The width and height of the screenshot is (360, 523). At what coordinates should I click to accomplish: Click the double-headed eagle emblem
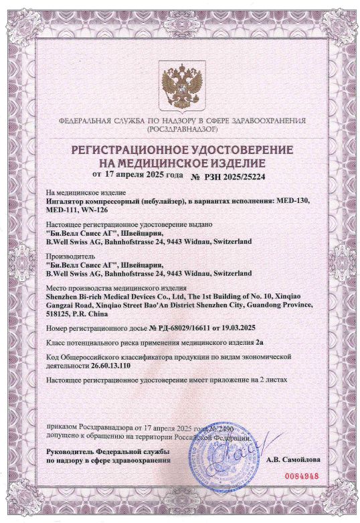179,86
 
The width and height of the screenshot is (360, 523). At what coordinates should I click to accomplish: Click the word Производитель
70,256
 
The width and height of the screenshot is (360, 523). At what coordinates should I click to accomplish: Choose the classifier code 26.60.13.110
116,366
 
